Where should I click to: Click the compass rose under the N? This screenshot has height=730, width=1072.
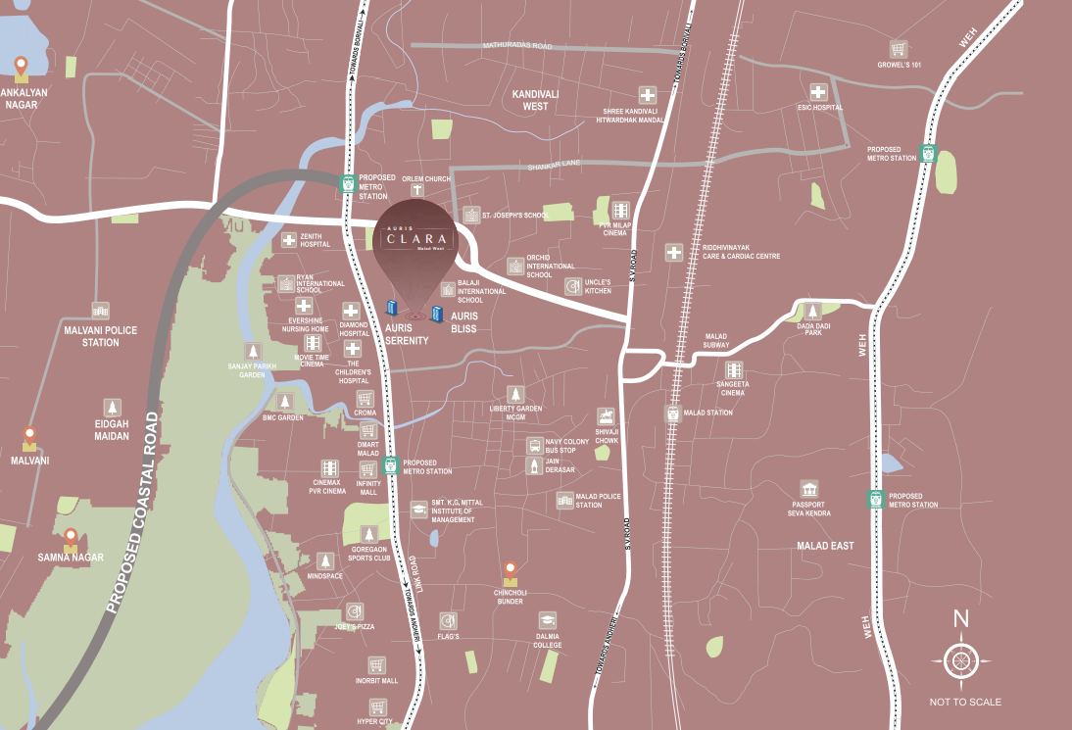click(961, 660)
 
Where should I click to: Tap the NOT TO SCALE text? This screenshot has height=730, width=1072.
click(965, 702)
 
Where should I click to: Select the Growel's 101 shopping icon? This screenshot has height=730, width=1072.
click(898, 49)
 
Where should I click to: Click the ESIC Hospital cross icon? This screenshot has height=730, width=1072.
click(819, 91)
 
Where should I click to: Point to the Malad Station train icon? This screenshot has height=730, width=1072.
click(673, 414)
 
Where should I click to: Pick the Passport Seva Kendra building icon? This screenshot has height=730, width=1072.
click(809, 489)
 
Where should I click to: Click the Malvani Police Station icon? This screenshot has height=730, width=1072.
click(100, 312)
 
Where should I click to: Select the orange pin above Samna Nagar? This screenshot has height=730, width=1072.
click(71, 539)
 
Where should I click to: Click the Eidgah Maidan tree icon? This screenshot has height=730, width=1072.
click(114, 408)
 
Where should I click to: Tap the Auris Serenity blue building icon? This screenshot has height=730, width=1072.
click(394, 310)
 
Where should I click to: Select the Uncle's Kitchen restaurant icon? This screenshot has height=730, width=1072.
click(573, 286)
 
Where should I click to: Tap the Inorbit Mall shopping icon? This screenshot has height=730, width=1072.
click(376, 665)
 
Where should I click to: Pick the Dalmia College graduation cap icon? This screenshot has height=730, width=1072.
click(547, 620)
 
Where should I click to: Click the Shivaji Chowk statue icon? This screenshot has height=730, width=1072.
click(607, 417)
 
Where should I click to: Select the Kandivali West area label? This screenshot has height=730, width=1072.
click(535, 99)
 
